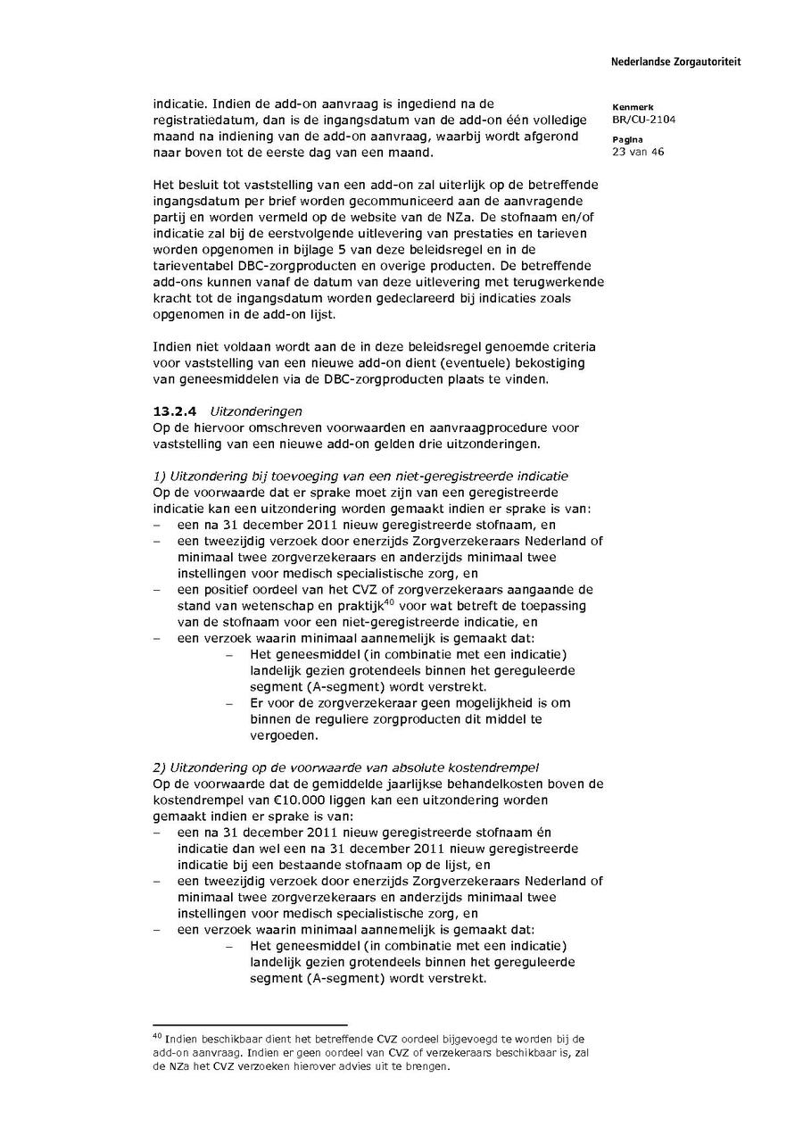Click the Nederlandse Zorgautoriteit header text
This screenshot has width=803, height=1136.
pos(675,62)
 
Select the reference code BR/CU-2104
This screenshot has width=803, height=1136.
pos(637,119)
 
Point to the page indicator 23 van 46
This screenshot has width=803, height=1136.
pos(638,152)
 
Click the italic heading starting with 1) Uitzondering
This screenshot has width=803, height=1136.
pos(360,476)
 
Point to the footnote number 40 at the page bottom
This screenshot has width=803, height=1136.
pos(157,1038)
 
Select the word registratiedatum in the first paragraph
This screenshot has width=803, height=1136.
pos(201,120)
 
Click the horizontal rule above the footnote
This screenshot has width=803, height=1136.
pos(250,1025)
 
